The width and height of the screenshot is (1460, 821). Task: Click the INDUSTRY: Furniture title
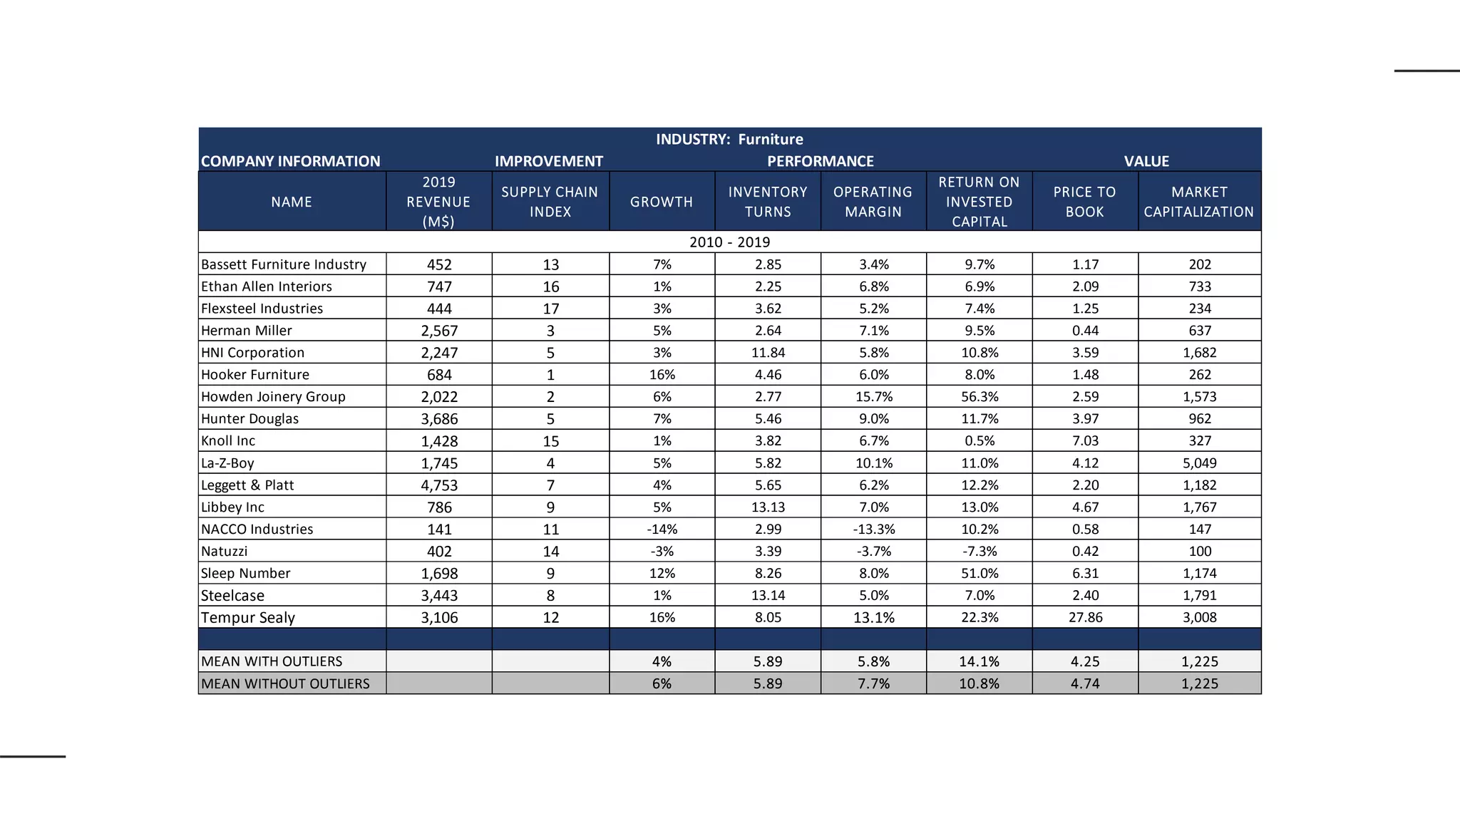(x=729, y=139)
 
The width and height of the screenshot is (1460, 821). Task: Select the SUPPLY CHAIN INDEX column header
(x=550, y=202)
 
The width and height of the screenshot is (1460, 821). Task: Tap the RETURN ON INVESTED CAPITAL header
(x=979, y=202)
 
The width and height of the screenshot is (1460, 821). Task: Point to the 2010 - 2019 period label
(x=729, y=242)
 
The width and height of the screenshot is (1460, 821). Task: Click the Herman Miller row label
(x=247, y=331)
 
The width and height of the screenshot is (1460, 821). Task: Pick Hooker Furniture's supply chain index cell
(x=550, y=375)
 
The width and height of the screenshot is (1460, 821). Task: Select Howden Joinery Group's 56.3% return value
(x=980, y=397)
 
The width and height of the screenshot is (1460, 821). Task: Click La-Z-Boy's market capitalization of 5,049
(x=1199, y=463)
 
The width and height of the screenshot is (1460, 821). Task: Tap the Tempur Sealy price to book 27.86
(x=1085, y=617)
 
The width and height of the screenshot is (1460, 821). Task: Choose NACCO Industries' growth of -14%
(x=662, y=530)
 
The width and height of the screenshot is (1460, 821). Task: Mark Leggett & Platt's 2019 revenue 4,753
(x=439, y=485)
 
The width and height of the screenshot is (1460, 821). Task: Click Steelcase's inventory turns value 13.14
(x=768, y=595)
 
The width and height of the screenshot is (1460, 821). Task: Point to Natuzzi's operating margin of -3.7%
(x=873, y=552)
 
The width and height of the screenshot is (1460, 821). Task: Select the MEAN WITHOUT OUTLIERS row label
(x=285, y=683)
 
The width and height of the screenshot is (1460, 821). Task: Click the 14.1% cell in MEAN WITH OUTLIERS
(x=979, y=661)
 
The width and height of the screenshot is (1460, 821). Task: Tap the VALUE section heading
(x=1146, y=161)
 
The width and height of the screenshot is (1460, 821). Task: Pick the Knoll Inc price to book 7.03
(x=1085, y=441)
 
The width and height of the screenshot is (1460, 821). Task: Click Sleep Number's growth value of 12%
(x=662, y=574)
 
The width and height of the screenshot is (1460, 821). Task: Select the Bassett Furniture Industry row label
(x=284, y=264)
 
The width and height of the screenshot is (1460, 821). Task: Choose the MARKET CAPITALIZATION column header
(x=1199, y=202)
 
